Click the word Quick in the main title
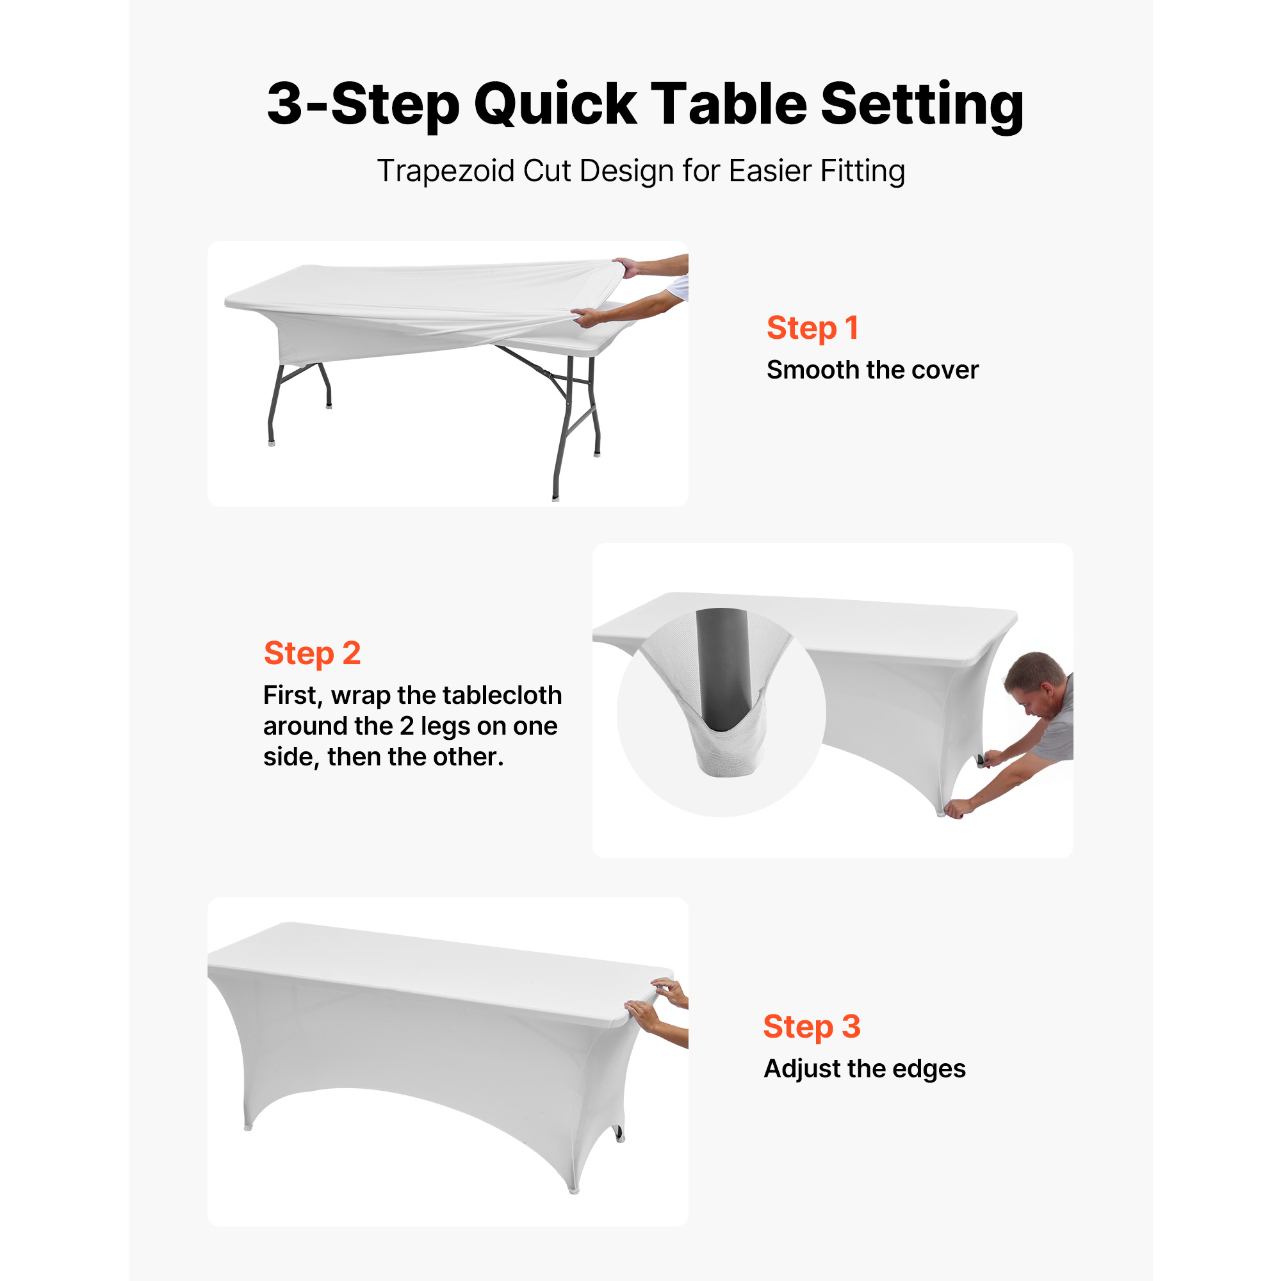coord(555,106)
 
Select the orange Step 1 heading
coord(812,329)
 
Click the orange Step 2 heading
coord(313,654)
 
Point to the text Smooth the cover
coord(872,370)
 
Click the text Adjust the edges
coord(865,1069)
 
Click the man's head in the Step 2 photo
coord(1034,683)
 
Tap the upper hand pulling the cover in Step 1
coord(626,266)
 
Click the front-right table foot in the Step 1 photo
coord(555,496)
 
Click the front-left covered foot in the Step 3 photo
coord(248,1126)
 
